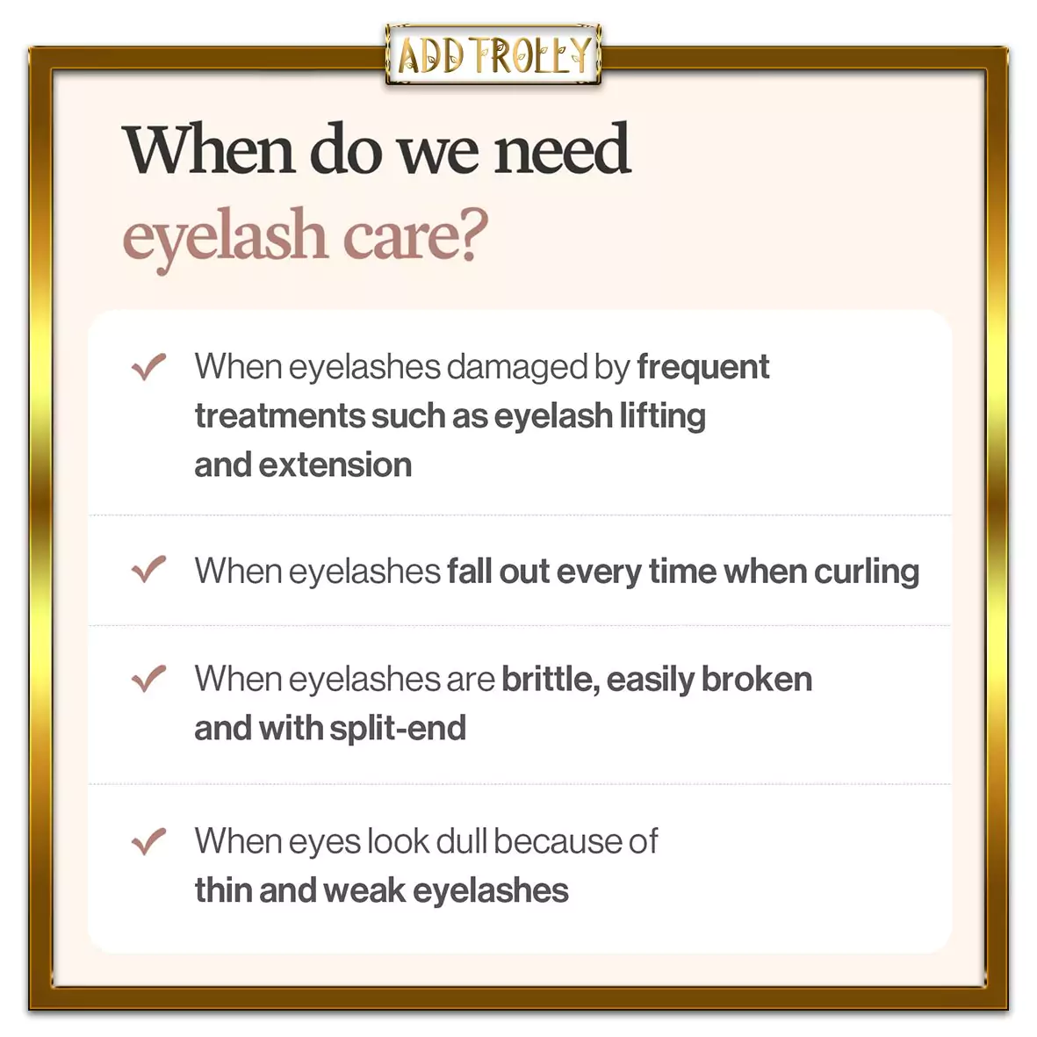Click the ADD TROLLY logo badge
493,54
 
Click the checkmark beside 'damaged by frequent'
148,366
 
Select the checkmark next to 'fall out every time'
148,569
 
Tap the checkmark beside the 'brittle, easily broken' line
148,679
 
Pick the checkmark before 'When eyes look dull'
148,841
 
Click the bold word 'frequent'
703,368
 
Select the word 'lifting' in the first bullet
663,417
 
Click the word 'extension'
335,464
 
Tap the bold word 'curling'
867,573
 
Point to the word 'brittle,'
551,680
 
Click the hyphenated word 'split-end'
398,729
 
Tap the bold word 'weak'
364,890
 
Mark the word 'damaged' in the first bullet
517,368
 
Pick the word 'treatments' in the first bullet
279,417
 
